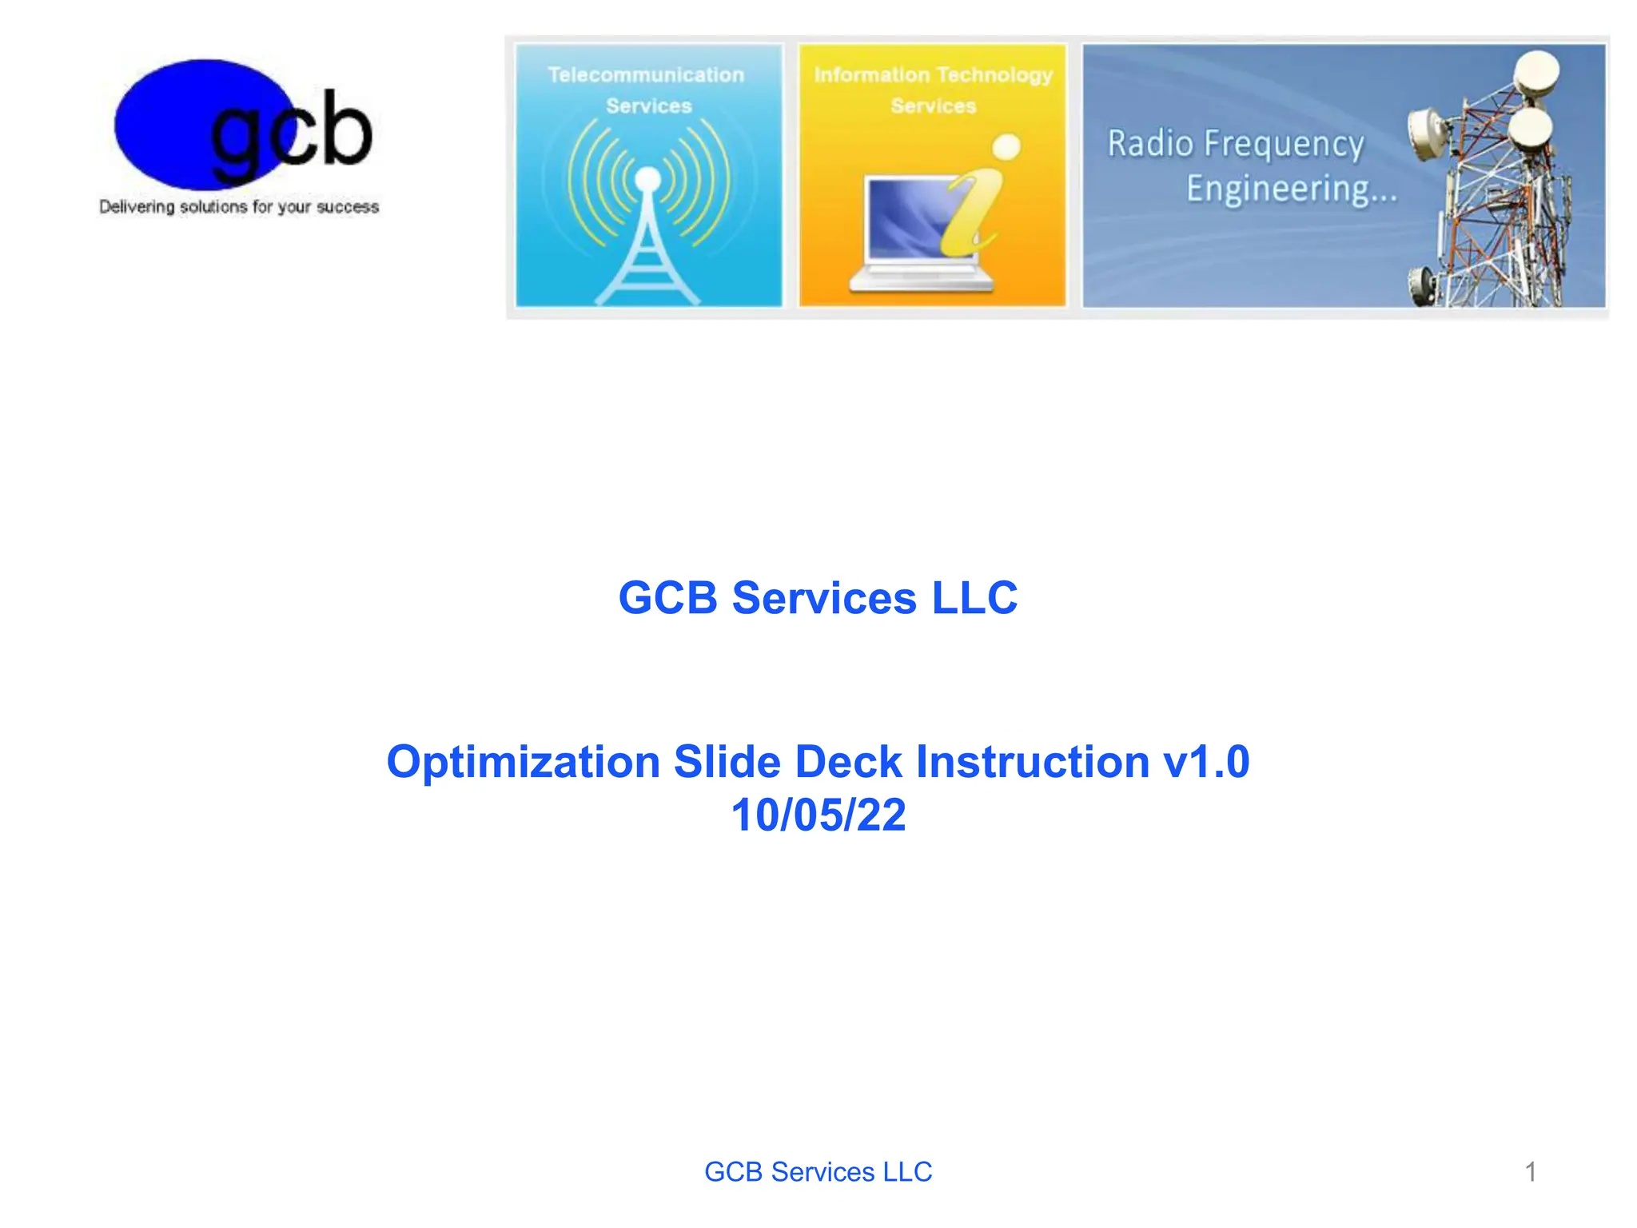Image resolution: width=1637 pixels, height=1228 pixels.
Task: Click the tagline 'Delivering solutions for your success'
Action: (239, 207)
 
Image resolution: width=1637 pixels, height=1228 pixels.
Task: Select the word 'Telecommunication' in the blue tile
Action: (646, 75)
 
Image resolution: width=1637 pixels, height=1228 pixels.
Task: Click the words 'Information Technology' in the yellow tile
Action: (933, 75)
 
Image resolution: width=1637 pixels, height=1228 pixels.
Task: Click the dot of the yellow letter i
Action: (1006, 147)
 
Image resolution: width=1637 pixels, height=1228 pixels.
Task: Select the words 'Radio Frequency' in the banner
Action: (1235, 145)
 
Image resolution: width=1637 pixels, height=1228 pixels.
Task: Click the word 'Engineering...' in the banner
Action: (1291, 189)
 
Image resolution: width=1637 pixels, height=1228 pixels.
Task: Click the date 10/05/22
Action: (818, 815)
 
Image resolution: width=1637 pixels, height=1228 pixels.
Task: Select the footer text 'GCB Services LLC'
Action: (818, 1172)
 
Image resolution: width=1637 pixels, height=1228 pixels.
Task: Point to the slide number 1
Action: (1530, 1172)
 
